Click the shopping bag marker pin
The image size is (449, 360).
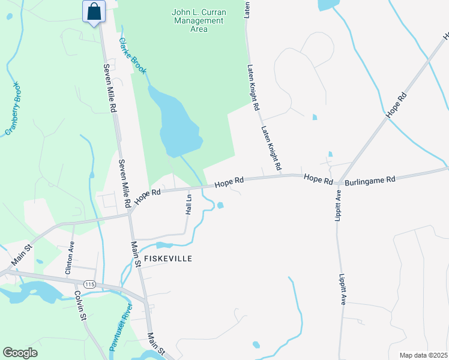[x=94, y=12]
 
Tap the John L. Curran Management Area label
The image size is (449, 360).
[x=197, y=20]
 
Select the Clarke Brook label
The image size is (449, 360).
[x=132, y=56]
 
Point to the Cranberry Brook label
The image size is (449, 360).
[x=13, y=107]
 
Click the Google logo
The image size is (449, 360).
[x=20, y=353]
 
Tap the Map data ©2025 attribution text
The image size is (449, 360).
[x=423, y=355]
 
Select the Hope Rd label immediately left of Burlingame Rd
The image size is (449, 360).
[x=318, y=178]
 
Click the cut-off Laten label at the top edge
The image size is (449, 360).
[x=247, y=8]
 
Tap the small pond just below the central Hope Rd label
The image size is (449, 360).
[x=221, y=206]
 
